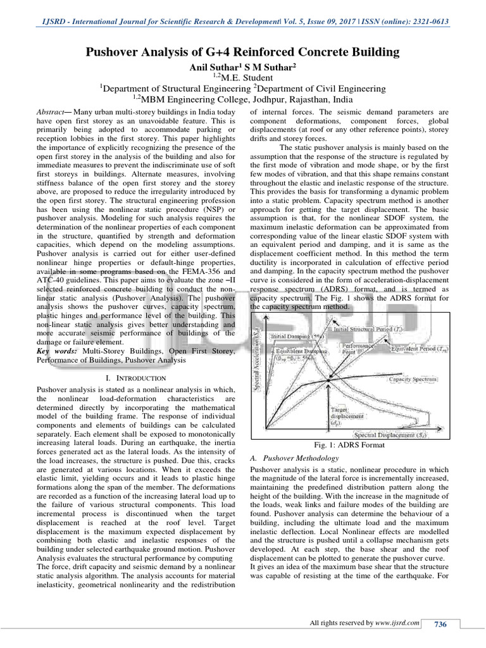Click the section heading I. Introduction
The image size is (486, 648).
click(134, 378)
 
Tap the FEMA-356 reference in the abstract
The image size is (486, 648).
click(189, 281)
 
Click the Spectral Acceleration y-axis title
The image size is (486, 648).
click(258, 361)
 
